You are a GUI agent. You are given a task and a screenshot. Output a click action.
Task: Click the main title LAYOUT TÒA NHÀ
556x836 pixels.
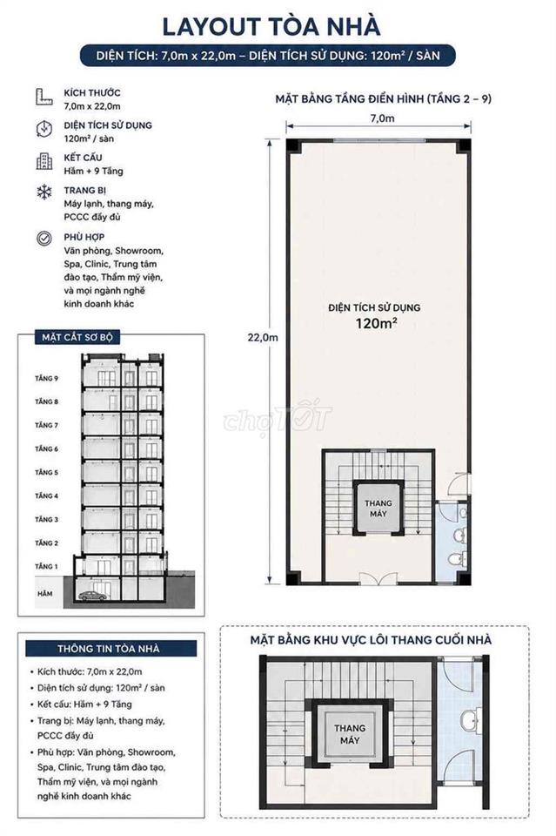pyautogui.click(x=271, y=27)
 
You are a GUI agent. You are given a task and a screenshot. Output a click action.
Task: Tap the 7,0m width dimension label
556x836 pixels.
pyautogui.click(x=382, y=118)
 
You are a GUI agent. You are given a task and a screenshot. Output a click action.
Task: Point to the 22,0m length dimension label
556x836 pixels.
pyautogui.click(x=263, y=338)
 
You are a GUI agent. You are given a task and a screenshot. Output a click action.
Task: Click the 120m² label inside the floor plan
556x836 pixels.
pyautogui.click(x=377, y=323)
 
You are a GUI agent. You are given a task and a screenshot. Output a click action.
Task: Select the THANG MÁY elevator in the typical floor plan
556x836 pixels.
pyautogui.click(x=378, y=508)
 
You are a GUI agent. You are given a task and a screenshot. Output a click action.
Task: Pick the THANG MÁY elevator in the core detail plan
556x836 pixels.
pyautogui.click(x=350, y=734)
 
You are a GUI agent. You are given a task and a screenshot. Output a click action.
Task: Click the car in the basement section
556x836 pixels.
pyautogui.click(x=92, y=596)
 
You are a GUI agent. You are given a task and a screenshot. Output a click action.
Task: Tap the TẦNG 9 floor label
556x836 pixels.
pyautogui.click(x=47, y=378)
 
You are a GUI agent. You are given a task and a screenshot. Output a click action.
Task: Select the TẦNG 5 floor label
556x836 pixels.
pyautogui.click(x=47, y=472)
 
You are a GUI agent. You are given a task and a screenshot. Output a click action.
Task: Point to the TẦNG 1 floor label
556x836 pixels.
pyautogui.click(x=47, y=566)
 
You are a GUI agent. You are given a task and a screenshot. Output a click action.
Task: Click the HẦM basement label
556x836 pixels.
pyautogui.click(x=45, y=593)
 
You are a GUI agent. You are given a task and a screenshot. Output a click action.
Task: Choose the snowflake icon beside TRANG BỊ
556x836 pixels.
pyautogui.click(x=44, y=192)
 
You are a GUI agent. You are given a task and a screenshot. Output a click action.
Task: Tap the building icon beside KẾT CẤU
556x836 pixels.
pyautogui.click(x=44, y=161)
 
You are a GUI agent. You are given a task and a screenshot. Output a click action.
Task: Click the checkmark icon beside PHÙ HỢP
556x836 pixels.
pyautogui.click(x=44, y=239)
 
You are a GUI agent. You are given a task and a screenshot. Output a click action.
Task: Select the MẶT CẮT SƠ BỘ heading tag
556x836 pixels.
pyautogui.click(x=77, y=338)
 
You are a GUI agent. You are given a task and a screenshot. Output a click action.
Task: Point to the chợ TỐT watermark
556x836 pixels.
pyautogui.click(x=278, y=417)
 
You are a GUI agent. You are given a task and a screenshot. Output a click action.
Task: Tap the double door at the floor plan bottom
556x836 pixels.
pyautogui.click(x=378, y=579)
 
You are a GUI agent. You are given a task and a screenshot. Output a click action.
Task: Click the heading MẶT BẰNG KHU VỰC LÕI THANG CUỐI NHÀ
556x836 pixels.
pyautogui.click(x=371, y=640)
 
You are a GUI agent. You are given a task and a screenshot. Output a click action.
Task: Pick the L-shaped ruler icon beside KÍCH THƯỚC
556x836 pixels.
pyautogui.click(x=44, y=97)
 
